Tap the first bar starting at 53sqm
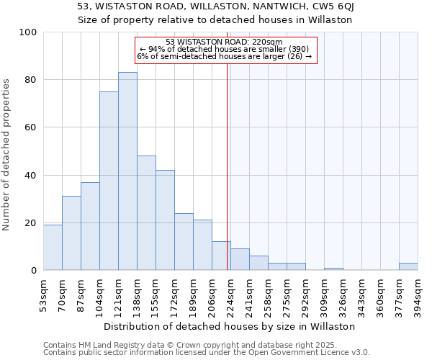tap(53, 247)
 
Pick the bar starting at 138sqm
tap(146, 213)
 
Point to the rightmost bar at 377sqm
tap(408, 266)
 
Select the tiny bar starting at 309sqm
tap(333, 269)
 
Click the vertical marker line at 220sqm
tap(228, 166)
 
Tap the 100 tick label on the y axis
tap(28, 32)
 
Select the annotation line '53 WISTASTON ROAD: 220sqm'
tap(225, 42)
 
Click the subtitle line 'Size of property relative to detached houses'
tap(215, 19)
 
